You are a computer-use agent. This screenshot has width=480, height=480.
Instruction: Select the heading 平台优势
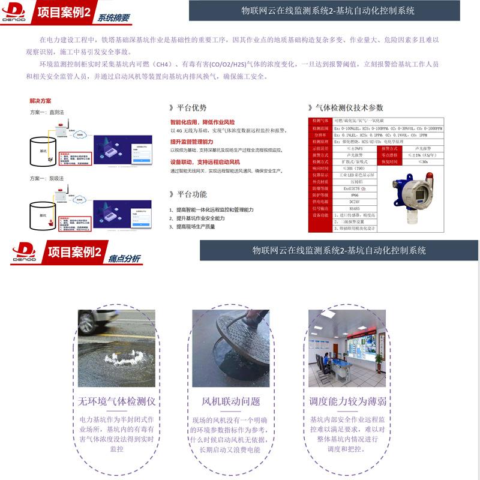click(191, 108)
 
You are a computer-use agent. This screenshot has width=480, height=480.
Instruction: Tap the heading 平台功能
click(191, 194)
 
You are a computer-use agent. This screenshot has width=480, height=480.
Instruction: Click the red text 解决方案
click(40, 101)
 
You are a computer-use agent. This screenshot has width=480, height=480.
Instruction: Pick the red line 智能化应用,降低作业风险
click(202, 122)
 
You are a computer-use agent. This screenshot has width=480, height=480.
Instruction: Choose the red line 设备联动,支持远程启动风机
click(205, 163)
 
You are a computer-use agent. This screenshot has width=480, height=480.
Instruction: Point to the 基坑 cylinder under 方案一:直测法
click(43, 151)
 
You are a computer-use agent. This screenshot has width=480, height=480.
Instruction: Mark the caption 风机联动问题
click(231, 401)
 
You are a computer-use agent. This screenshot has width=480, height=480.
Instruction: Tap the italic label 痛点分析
click(125, 259)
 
